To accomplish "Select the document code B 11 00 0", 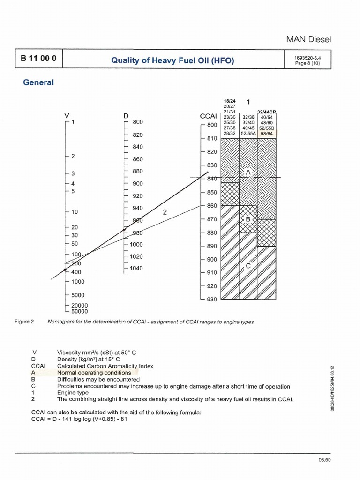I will [39, 60].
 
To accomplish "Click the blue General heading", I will [38, 82].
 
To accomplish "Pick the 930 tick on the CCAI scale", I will [212, 299].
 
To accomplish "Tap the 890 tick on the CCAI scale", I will [212, 246].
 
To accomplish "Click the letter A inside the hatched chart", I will [248, 172].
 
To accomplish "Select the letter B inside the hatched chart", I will [248, 219].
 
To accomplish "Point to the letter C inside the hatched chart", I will [248, 266].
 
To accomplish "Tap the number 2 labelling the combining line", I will [165, 212].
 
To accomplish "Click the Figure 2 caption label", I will [24, 322].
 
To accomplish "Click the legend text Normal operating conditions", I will [94, 373].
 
